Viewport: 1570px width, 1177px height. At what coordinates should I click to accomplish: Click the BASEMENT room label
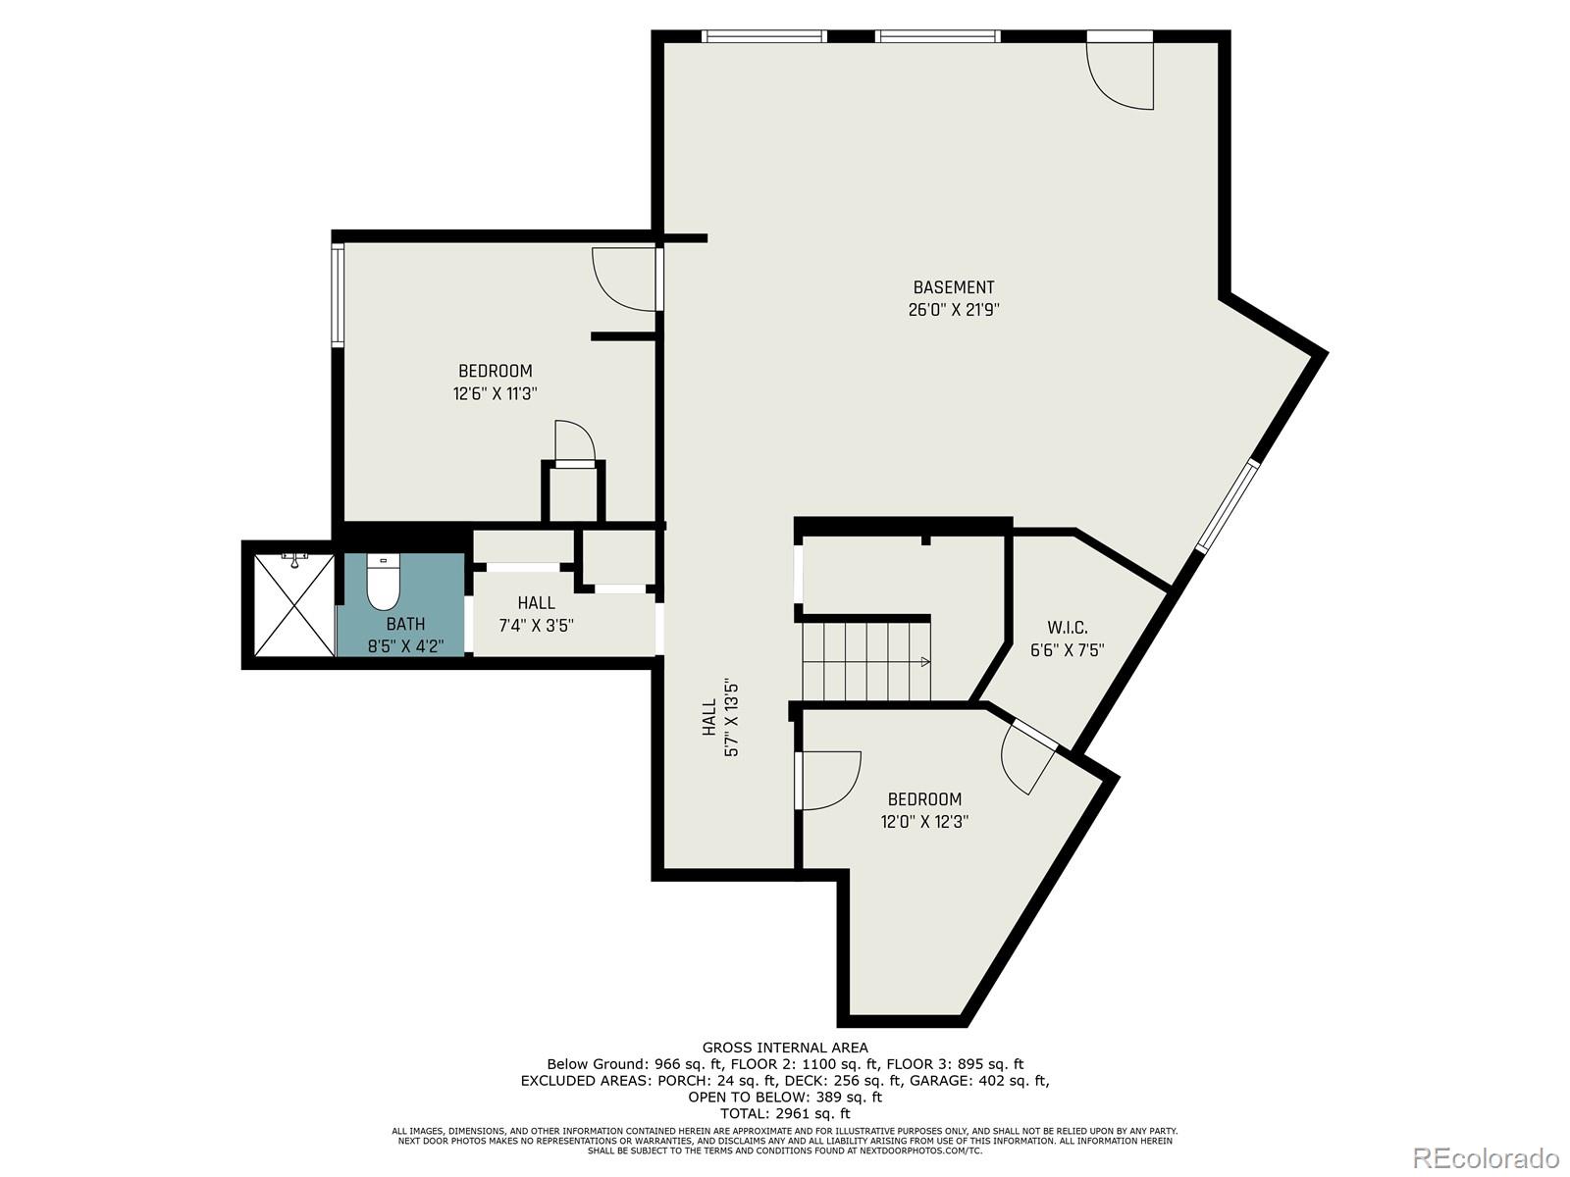point(953,287)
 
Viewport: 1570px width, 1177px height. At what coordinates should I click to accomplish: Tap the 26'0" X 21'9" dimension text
point(953,310)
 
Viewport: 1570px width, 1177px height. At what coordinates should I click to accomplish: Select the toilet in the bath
point(382,585)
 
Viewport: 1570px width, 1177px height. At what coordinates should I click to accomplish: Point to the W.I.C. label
point(1067,628)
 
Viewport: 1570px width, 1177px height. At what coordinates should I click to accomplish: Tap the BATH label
point(405,624)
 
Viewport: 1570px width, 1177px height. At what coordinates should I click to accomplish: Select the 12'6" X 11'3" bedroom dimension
point(496,393)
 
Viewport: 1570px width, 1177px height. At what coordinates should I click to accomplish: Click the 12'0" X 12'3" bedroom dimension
point(924,822)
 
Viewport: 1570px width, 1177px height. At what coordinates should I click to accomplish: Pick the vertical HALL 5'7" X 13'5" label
point(720,718)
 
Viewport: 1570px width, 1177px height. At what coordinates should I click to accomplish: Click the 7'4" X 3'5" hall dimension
point(536,626)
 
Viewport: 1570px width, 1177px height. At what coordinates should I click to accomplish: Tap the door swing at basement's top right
point(1121,74)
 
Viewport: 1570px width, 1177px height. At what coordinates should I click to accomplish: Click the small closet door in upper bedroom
point(575,442)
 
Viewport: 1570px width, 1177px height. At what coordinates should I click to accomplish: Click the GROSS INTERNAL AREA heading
point(784,1048)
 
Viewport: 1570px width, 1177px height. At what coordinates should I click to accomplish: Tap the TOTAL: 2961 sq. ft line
point(784,1113)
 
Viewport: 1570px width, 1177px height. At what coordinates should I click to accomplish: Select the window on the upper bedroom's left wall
point(338,295)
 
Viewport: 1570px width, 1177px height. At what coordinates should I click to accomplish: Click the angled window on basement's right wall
point(1226,506)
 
